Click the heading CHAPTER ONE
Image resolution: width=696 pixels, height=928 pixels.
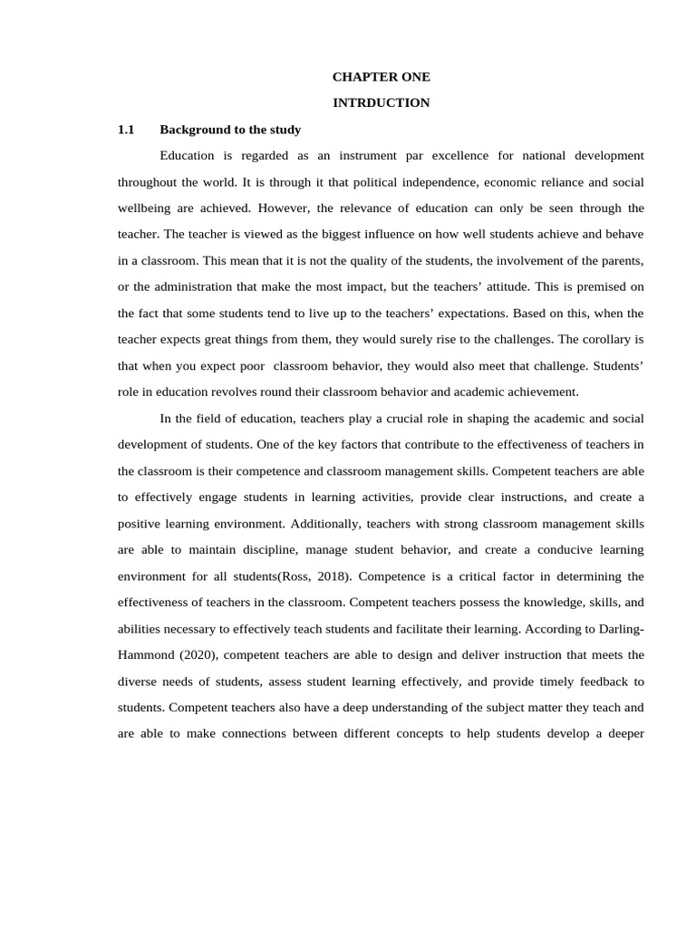pos(381,77)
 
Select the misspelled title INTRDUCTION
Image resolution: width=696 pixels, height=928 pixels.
pos(381,103)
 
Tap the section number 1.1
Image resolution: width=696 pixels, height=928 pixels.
pos(126,130)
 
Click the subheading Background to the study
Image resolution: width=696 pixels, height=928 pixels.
pos(230,130)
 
